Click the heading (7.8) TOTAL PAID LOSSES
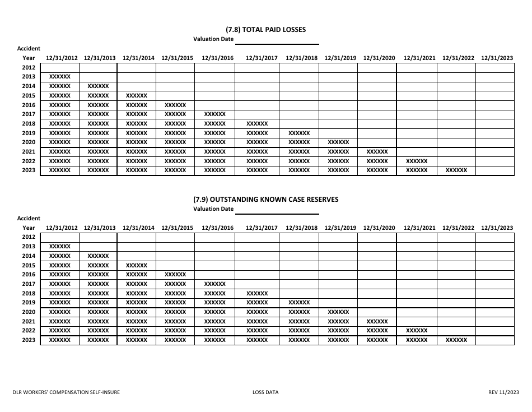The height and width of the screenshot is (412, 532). tap(265, 29)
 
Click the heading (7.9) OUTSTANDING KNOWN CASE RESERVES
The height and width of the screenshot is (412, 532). tap(265, 199)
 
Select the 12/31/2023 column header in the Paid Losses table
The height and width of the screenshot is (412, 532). tap(497, 58)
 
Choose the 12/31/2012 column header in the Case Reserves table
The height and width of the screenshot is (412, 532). tap(62, 228)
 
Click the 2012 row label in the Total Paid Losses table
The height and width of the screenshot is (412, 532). tap(29, 67)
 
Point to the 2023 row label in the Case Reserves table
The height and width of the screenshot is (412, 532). tap(29, 340)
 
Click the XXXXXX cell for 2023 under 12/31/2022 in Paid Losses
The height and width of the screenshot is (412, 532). tap(456, 170)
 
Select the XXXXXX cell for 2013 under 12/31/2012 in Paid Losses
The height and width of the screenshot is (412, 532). tap(60, 77)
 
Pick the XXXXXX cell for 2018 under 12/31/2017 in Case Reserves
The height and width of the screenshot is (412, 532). tap(257, 293)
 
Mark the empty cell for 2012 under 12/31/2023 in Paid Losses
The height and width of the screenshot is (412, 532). tap(495, 67)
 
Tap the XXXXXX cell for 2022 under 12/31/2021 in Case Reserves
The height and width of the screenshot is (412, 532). tap(416, 331)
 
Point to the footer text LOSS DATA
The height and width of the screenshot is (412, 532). tap(265, 392)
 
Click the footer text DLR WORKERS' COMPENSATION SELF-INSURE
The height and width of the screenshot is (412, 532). tap(69, 392)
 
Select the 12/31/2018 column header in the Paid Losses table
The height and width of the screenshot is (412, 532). tap(301, 58)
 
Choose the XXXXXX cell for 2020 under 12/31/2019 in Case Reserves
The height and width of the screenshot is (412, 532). tap(338, 312)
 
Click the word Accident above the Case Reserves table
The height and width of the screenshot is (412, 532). tap(29, 219)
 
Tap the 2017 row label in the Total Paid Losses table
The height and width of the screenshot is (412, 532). tap(29, 114)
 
